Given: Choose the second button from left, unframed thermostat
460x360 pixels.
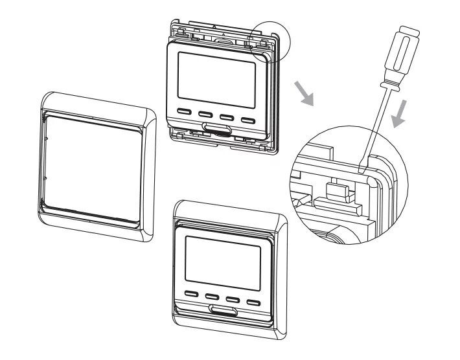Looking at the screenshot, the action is tap(206, 116).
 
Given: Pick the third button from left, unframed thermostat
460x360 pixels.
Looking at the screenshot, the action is tap(227, 117).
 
